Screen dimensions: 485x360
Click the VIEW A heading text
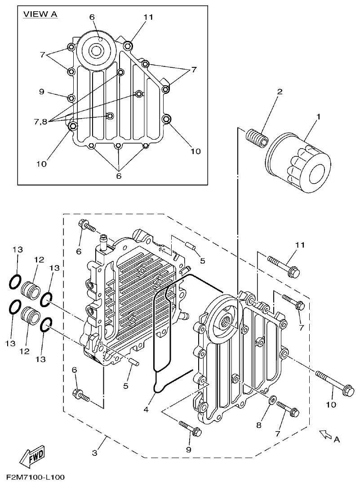coord(40,14)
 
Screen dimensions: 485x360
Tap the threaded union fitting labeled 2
coord(257,136)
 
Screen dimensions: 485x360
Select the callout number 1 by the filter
coord(318,117)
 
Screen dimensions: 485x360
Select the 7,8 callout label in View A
coord(41,122)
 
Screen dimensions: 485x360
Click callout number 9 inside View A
coord(41,92)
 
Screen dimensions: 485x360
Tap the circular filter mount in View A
coord(95,50)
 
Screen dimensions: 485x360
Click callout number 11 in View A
coord(148,17)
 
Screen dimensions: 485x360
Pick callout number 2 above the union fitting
coord(280,92)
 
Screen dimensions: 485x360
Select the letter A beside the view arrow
coord(337,440)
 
